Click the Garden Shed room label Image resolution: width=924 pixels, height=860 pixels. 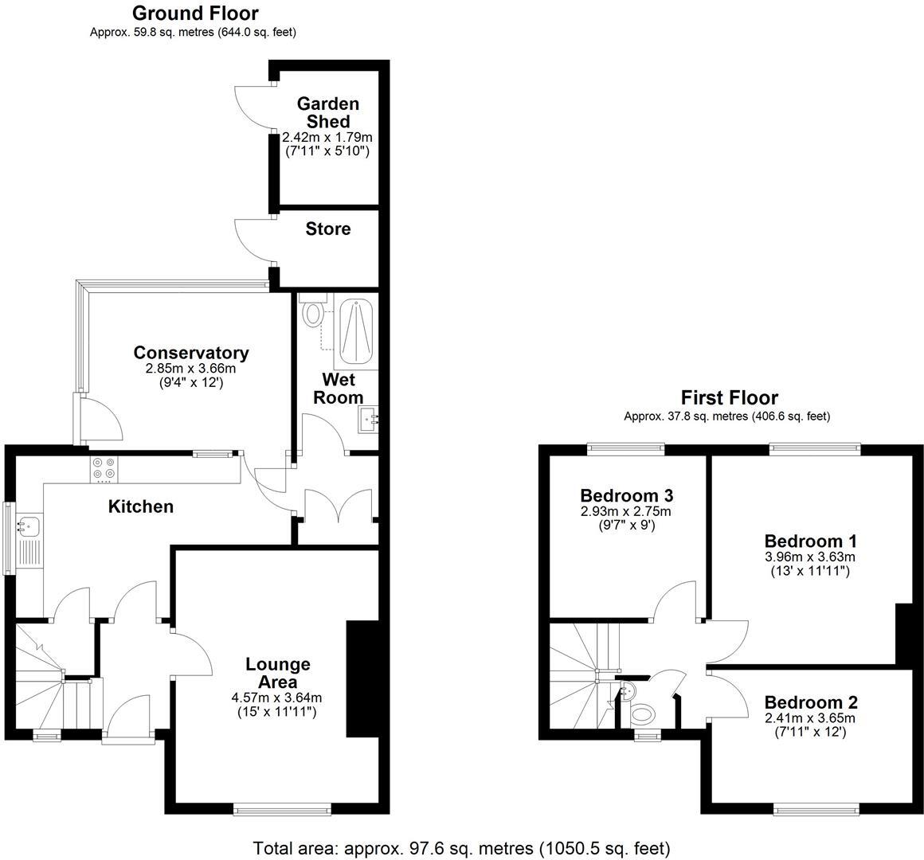pyautogui.click(x=327, y=112)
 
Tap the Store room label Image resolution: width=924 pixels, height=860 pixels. pyautogui.click(x=327, y=229)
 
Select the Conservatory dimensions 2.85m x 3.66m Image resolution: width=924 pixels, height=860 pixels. pyautogui.click(x=190, y=369)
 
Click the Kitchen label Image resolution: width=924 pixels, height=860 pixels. pyautogui.click(x=140, y=506)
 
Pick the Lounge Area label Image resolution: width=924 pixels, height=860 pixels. pyautogui.click(x=277, y=673)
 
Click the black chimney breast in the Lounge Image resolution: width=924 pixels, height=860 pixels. pyautogui.click(x=361, y=680)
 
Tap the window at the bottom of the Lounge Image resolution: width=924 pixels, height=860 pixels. pyautogui.click(x=282, y=809)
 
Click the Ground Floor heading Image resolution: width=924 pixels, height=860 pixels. pyautogui.click(x=194, y=13)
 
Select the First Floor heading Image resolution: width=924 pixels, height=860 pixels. pyautogui.click(x=729, y=397)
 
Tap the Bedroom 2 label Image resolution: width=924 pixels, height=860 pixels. pyautogui.click(x=810, y=702)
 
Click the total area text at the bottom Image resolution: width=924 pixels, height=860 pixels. pyautogui.click(x=461, y=847)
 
